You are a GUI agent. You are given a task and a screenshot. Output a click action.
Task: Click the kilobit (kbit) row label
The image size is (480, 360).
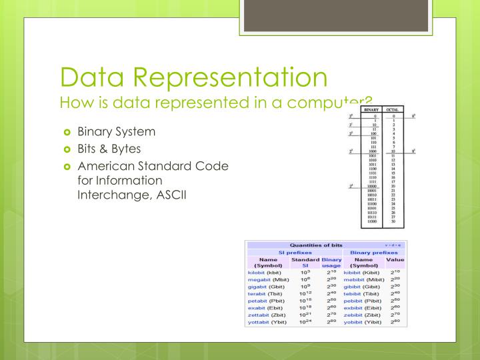(x=267, y=273)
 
